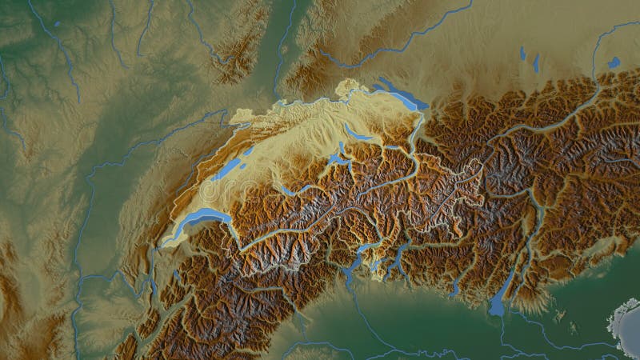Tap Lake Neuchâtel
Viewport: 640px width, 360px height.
(x=228, y=167)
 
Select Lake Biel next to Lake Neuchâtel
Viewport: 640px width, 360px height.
(x=249, y=150)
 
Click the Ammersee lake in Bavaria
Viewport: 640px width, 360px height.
(x=522, y=54)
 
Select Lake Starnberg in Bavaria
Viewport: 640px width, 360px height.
(x=537, y=60)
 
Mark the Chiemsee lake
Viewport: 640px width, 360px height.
(x=614, y=62)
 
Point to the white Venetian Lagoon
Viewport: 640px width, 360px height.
(x=624, y=324)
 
